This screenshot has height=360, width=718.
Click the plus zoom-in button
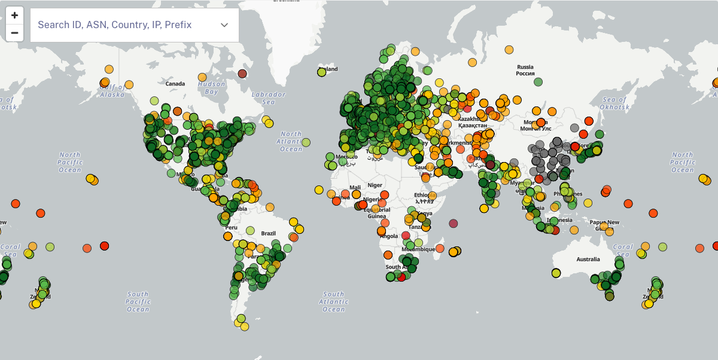(x=14, y=16)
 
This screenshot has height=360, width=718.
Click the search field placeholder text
(x=114, y=25)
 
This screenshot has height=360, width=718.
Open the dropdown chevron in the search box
(x=224, y=25)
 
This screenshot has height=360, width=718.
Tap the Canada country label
(x=175, y=84)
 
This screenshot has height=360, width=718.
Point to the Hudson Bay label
(x=211, y=88)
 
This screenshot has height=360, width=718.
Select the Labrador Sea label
(x=268, y=98)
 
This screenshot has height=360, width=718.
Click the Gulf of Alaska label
(x=112, y=91)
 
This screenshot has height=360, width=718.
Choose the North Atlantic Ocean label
(x=291, y=141)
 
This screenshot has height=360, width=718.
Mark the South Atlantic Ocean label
(x=333, y=301)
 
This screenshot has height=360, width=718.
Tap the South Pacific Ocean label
(x=138, y=301)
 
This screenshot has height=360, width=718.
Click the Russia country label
(x=525, y=70)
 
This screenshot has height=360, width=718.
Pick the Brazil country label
(x=269, y=233)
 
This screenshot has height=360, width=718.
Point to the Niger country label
(x=375, y=185)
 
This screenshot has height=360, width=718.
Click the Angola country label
(x=388, y=236)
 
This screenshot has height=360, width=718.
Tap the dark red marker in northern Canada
(x=242, y=74)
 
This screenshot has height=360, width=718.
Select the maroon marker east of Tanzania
(x=453, y=224)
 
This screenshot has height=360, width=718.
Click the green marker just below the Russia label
(x=538, y=81)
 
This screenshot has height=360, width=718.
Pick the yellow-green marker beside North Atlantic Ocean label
(x=306, y=142)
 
